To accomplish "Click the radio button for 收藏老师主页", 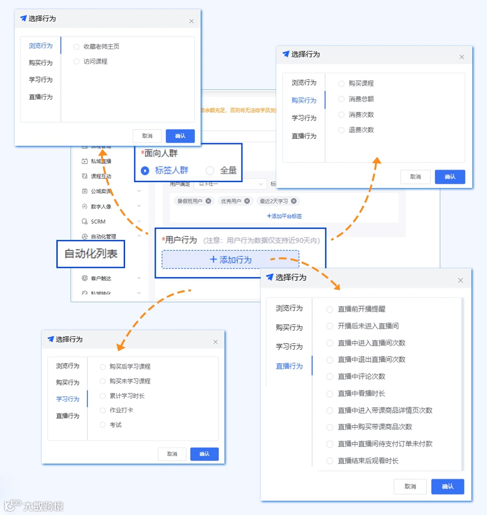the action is click(77, 46).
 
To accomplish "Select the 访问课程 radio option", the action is click(77, 61).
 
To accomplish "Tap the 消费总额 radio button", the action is click(341, 99).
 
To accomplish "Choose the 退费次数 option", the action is click(341, 130).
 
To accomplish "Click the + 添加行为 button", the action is click(230, 260).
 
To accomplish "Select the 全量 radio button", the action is click(210, 171).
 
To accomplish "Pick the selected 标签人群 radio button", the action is click(145, 171).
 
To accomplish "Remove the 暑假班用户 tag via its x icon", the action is click(208, 201).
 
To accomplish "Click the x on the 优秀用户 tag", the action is click(247, 201).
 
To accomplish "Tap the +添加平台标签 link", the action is click(284, 216).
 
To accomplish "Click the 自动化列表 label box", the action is click(91, 254).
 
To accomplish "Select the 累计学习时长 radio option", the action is click(103, 396).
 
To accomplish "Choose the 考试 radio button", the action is click(103, 425).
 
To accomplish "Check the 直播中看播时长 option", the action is click(329, 393).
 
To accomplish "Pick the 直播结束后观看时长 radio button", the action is click(329, 461).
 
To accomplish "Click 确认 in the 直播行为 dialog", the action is click(448, 487).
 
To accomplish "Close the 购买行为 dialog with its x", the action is click(462, 57).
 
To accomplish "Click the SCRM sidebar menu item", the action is click(98, 222).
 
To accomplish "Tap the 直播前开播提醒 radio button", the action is click(329, 310).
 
